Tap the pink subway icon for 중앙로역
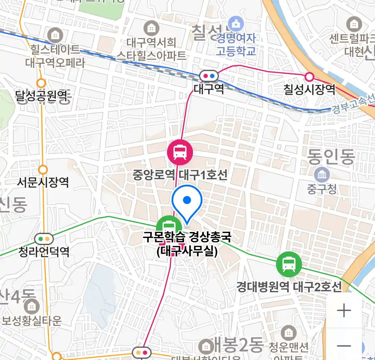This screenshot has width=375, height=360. coord(180,153)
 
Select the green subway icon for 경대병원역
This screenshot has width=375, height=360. coord(289,264)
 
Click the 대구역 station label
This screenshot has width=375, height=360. coord(209,89)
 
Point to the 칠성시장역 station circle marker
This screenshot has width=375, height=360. coord(310,77)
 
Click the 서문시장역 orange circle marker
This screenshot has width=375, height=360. coord(43,170)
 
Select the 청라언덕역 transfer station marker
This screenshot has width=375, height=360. coord(44,239)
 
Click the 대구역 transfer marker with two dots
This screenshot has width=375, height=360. coord(209,76)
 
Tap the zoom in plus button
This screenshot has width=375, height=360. coord(344,311)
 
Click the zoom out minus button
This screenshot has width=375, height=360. coord(344,346)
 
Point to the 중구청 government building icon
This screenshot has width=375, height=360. coord(322,175)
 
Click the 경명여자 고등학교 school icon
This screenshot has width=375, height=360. coord(236,24)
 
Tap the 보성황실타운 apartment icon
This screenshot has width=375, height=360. coord(32,306)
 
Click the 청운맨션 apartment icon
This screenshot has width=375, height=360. coord(288,332)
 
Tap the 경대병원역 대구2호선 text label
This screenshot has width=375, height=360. coord(289,287)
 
